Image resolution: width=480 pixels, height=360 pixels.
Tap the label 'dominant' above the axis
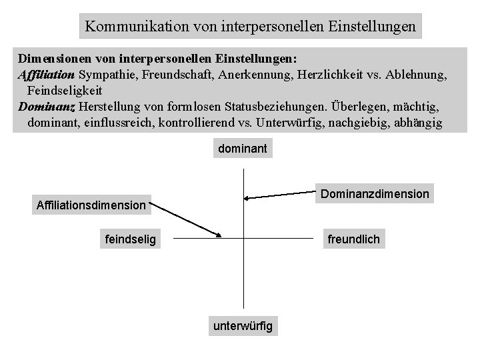[242, 149]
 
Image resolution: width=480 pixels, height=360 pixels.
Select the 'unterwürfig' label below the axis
[243, 326]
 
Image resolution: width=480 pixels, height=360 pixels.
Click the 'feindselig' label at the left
[131, 239]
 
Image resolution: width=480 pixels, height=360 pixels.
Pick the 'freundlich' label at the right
[353, 239]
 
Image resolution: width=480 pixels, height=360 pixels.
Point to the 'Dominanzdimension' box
[375, 193]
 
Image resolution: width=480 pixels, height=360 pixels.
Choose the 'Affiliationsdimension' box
[90, 205]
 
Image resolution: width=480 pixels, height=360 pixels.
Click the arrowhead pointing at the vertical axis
[247, 197]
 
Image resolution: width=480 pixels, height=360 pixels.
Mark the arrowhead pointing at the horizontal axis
[218, 234]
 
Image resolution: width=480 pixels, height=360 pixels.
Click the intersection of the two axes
[245, 238]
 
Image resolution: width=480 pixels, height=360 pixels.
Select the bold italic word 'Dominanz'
[47, 107]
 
